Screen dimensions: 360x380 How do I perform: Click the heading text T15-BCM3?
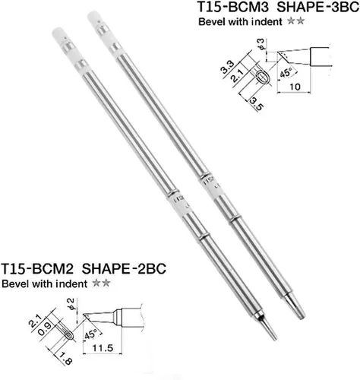(x=233, y=7)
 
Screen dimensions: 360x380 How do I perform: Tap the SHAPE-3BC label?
(x=318, y=7)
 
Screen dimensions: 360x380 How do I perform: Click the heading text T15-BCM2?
(x=37, y=268)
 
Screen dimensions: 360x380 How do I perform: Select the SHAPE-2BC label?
(x=124, y=268)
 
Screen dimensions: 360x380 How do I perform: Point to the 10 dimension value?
(x=295, y=87)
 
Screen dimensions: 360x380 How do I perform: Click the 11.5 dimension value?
(x=103, y=348)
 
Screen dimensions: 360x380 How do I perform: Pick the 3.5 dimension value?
(x=256, y=104)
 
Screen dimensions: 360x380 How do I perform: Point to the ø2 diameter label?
(x=71, y=304)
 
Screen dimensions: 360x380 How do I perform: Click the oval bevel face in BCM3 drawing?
(x=262, y=77)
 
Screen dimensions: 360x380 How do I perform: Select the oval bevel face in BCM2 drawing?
(x=69, y=335)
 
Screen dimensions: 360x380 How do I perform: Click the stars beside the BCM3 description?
(x=295, y=21)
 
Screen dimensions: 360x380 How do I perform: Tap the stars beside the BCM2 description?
(x=101, y=283)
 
